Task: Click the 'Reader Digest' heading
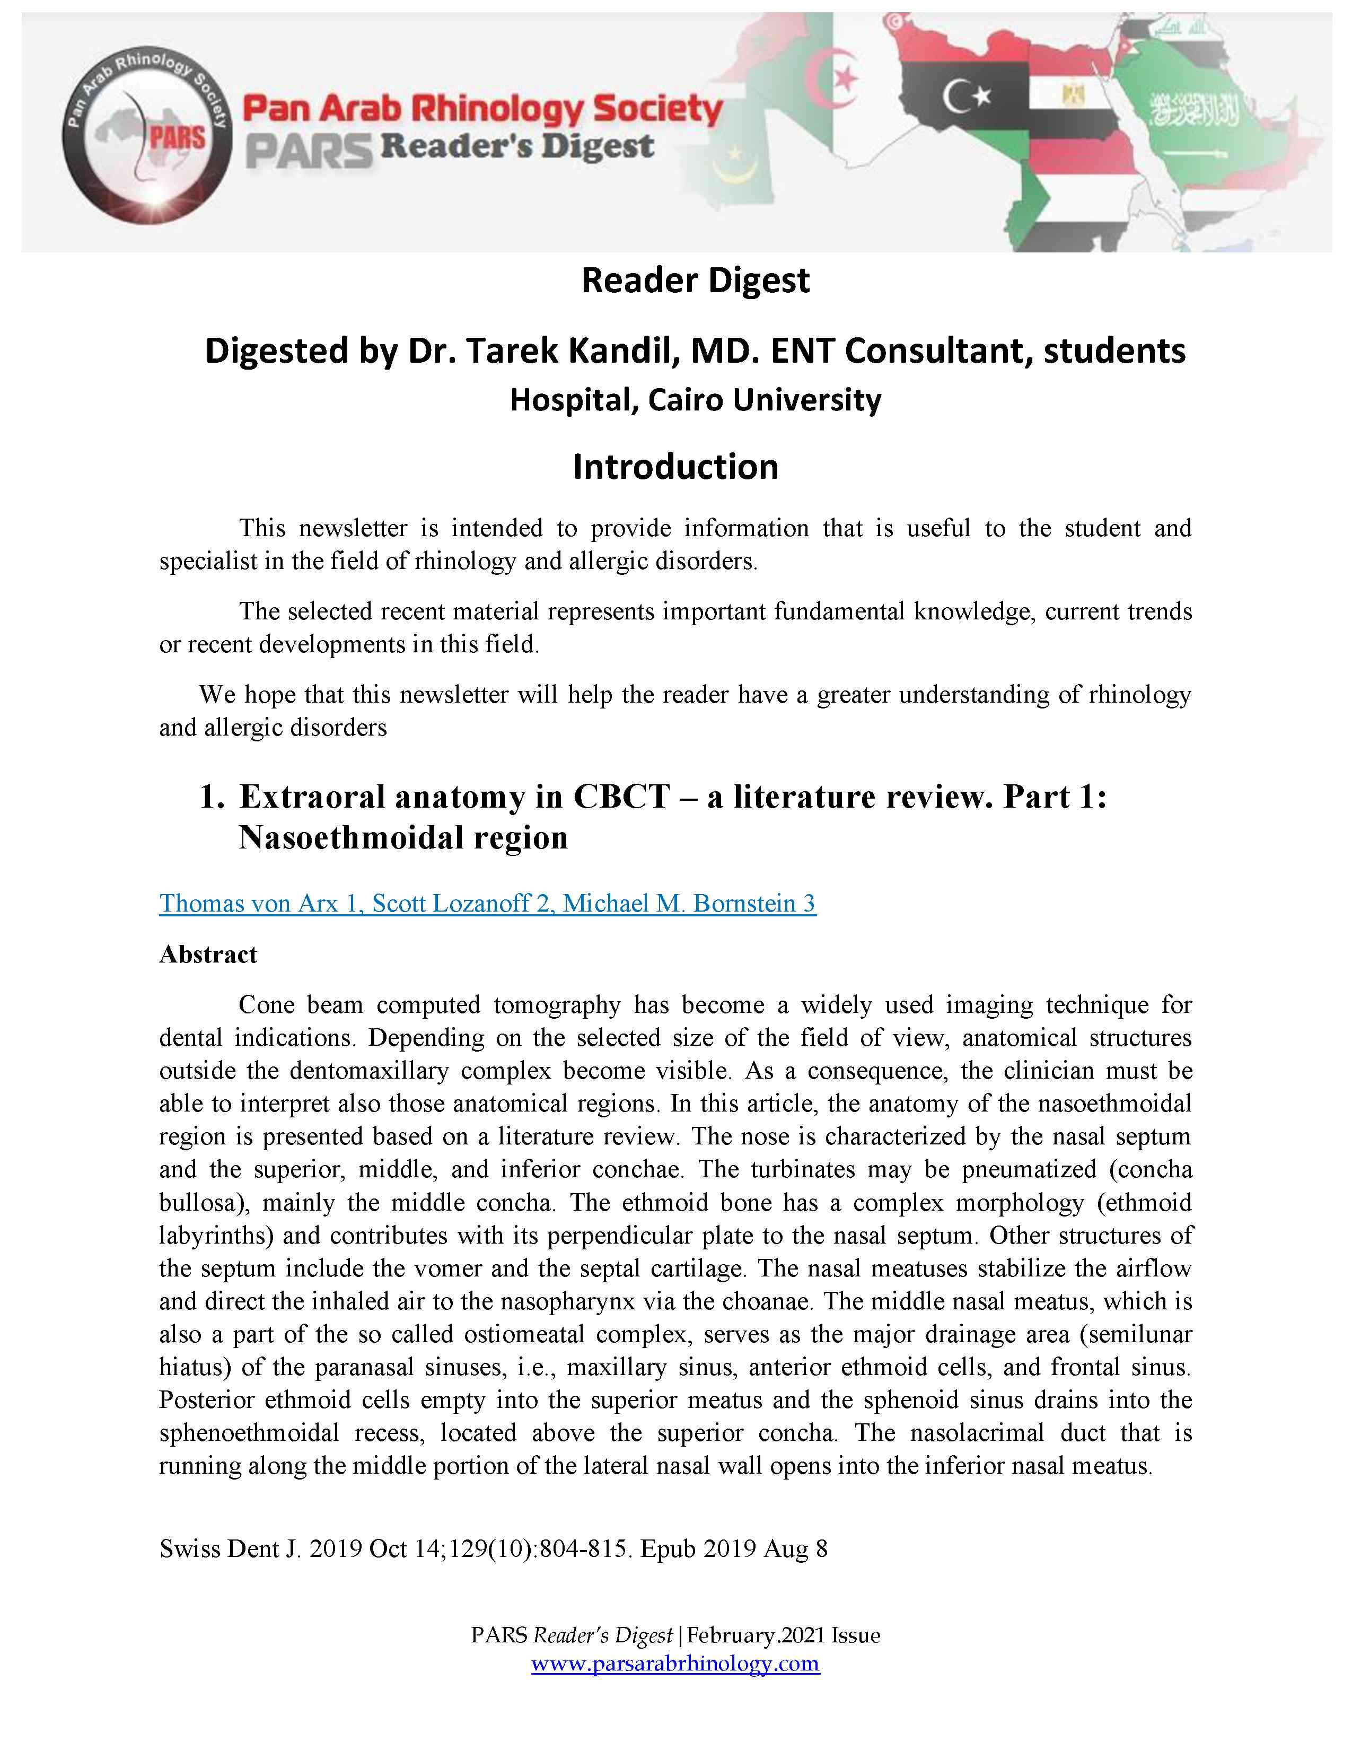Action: [695, 281]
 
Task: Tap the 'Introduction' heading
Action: [675, 466]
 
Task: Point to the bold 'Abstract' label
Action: [208, 955]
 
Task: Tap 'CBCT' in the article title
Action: [621, 797]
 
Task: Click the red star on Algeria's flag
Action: [846, 78]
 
